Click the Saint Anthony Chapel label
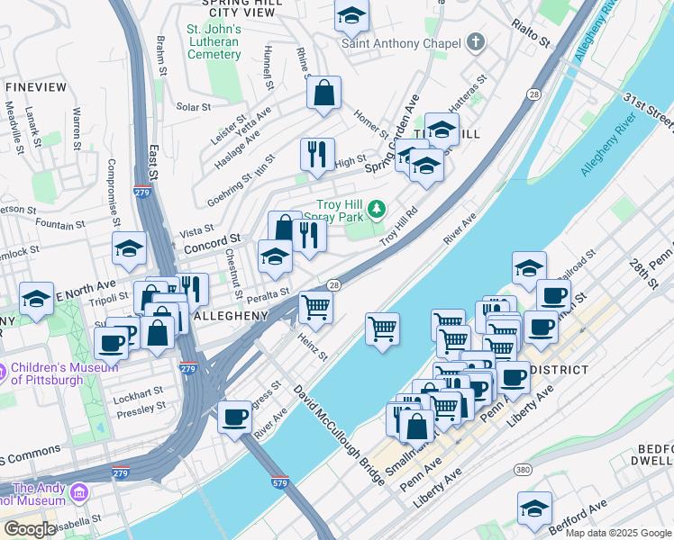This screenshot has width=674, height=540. click(x=402, y=42)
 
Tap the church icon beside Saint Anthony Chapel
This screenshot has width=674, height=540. click(x=475, y=42)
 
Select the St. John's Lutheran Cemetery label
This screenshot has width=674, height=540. click(x=214, y=41)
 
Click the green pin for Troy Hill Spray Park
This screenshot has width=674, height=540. click(x=377, y=210)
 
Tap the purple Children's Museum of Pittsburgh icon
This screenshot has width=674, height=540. click(x=4, y=369)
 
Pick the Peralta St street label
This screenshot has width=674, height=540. click(x=269, y=292)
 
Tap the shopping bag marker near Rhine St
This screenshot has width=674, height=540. click(x=323, y=94)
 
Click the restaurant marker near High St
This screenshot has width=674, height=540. click(x=317, y=156)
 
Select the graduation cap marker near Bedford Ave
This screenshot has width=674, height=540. click(x=534, y=508)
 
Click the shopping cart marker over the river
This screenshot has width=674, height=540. click(x=383, y=328)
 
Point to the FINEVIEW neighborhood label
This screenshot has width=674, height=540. click(x=37, y=86)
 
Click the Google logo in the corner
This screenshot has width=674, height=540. click(x=29, y=529)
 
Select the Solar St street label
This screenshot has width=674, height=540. click(x=193, y=106)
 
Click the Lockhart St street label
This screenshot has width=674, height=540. click(x=139, y=392)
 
